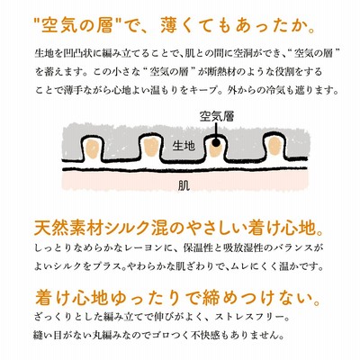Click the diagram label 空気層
(216, 116)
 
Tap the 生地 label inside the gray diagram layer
(184, 146)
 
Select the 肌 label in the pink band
(184, 186)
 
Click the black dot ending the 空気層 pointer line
(216, 143)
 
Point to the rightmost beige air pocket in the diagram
(274, 146)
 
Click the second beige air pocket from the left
(150, 147)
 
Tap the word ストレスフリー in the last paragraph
(243, 317)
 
